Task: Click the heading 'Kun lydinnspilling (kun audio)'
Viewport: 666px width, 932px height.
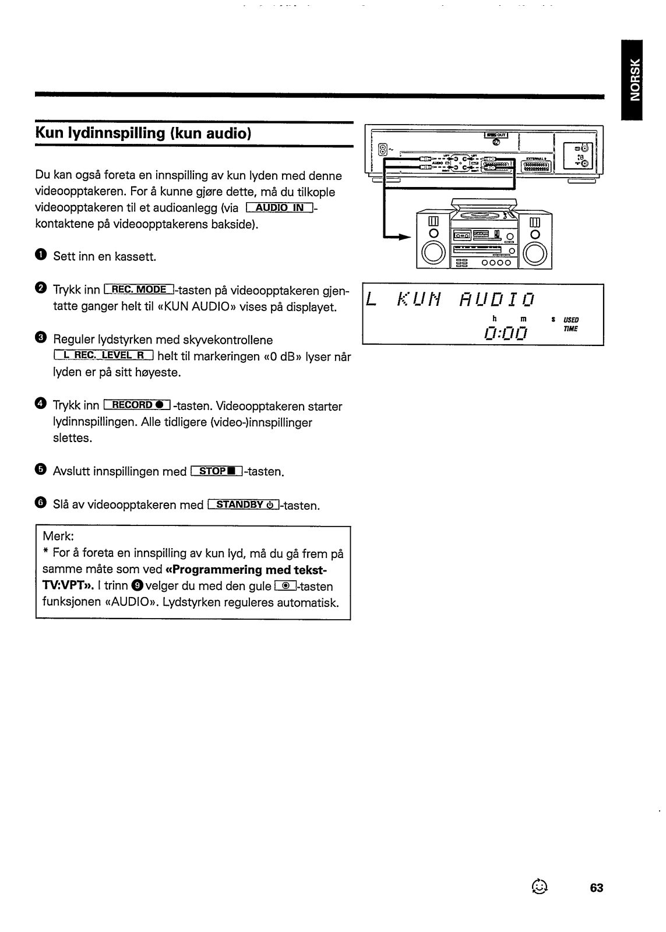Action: coord(143,133)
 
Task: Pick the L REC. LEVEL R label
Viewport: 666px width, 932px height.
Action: coord(103,356)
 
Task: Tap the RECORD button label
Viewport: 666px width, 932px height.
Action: coord(136,405)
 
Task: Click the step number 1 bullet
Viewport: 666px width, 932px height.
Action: coord(40,256)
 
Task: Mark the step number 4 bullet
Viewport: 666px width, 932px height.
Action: coord(40,405)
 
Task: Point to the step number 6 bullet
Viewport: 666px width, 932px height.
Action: coord(40,504)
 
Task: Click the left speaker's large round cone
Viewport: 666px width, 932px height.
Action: coord(432,253)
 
